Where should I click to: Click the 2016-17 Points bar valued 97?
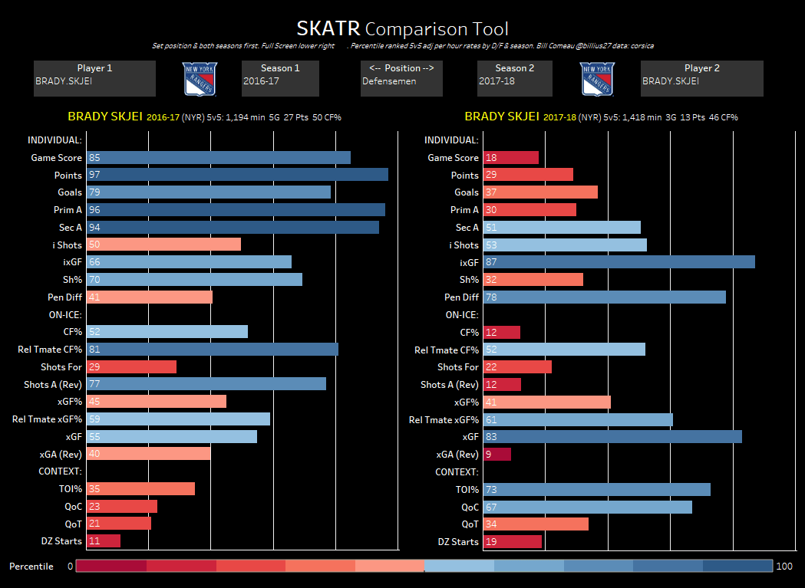[x=237, y=175]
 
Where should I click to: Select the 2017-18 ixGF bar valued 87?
[x=619, y=262]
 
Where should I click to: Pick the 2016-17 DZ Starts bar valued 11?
[x=104, y=541]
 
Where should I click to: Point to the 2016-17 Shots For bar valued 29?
[x=131, y=367]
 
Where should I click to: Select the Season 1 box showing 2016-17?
[x=280, y=79]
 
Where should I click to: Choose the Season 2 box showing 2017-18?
[x=515, y=79]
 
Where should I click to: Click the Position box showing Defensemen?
[x=401, y=79]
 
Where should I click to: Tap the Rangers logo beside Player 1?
[x=200, y=79]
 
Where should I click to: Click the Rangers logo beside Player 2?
[x=597, y=79]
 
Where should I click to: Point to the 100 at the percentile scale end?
[x=784, y=567]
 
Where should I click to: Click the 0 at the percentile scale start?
[x=70, y=567]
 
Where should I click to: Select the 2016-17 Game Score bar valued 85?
[x=219, y=157]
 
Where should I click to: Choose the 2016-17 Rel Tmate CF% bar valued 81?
[x=213, y=350]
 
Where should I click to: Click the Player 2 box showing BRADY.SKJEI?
[x=701, y=79]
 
